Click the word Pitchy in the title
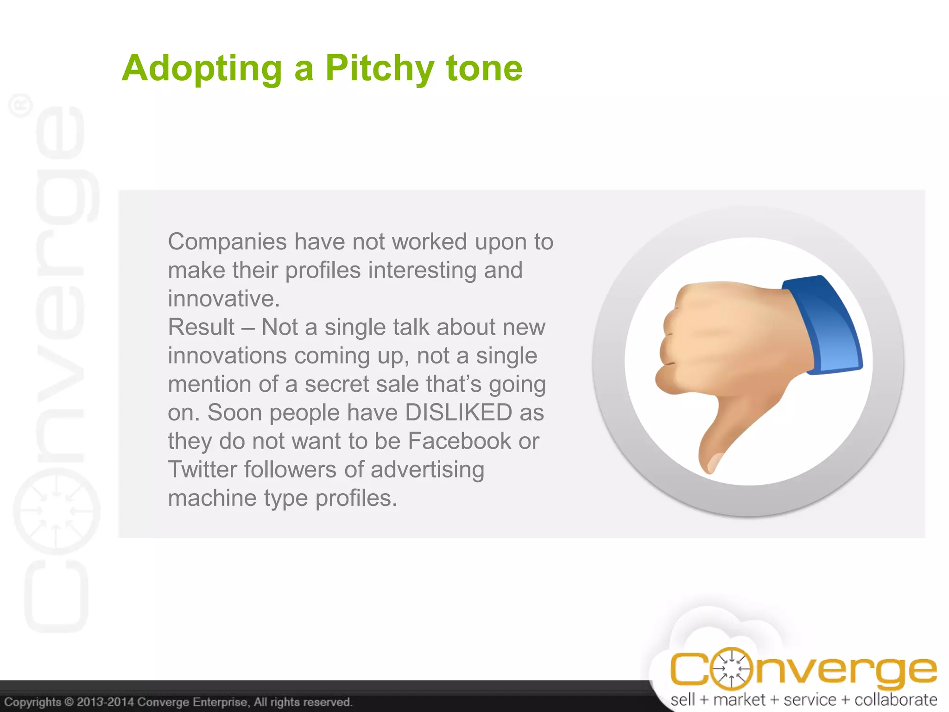[x=380, y=68]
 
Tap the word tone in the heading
[x=484, y=68]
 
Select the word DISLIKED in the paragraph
[x=458, y=412]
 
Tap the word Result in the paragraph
[x=201, y=327]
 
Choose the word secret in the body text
[x=338, y=384]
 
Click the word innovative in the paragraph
[x=223, y=299]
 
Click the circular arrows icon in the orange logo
[x=731, y=669]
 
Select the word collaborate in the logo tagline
[x=895, y=699]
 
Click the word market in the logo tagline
[x=739, y=699]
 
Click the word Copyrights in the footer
[x=32, y=702]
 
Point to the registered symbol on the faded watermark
[x=21, y=105]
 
